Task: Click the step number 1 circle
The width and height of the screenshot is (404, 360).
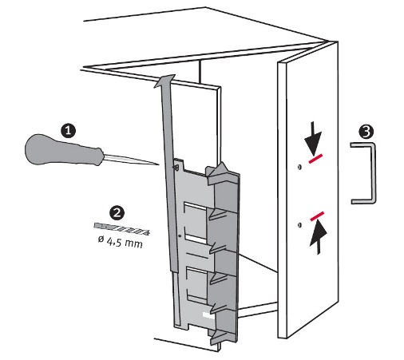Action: tap(68, 130)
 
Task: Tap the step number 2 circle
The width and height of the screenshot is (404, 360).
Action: tap(117, 212)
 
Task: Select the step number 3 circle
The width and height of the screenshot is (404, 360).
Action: tap(366, 131)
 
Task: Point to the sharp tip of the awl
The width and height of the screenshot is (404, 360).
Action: tap(158, 164)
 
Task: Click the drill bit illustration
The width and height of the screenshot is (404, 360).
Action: tap(121, 229)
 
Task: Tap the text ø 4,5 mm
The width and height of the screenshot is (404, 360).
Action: tap(120, 242)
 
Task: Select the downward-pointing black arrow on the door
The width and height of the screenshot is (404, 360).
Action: tap(313, 139)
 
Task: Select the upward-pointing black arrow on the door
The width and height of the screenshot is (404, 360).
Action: tap(318, 238)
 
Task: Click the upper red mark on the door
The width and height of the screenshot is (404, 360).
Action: tap(315, 158)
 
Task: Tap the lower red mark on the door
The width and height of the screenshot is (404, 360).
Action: tap(317, 216)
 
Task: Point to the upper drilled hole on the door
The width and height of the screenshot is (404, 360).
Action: tap(299, 167)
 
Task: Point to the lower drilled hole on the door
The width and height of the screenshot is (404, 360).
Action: tap(299, 225)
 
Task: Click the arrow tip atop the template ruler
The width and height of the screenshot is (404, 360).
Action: tap(164, 80)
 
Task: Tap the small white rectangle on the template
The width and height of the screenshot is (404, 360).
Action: tap(208, 315)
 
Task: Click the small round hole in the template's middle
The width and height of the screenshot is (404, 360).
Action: tap(180, 235)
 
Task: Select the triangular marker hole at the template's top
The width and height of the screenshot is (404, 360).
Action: tap(176, 168)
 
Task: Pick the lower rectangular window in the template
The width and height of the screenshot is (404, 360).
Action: tap(197, 286)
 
